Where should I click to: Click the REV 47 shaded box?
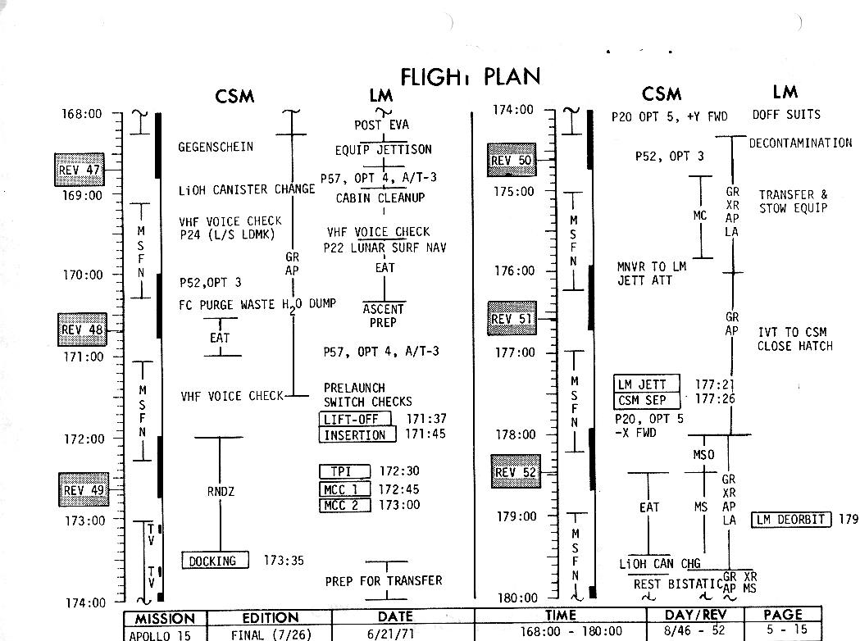click(80, 170)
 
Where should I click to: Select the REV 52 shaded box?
click(516, 472)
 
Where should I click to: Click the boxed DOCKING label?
click(212, 561)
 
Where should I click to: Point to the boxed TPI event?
click(344, 471)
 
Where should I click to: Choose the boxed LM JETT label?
click(647, 384)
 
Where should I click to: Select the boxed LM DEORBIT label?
click(791, 519)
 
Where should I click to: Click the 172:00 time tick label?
click(84, 439)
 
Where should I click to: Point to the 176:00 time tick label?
click(514, 270)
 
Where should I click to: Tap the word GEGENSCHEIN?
click(216, 147)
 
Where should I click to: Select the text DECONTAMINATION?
click(800, 143)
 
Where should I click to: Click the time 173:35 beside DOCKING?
click(284, 561)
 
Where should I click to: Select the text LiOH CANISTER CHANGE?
click(247, 189)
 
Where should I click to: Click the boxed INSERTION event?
click(357, 434)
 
